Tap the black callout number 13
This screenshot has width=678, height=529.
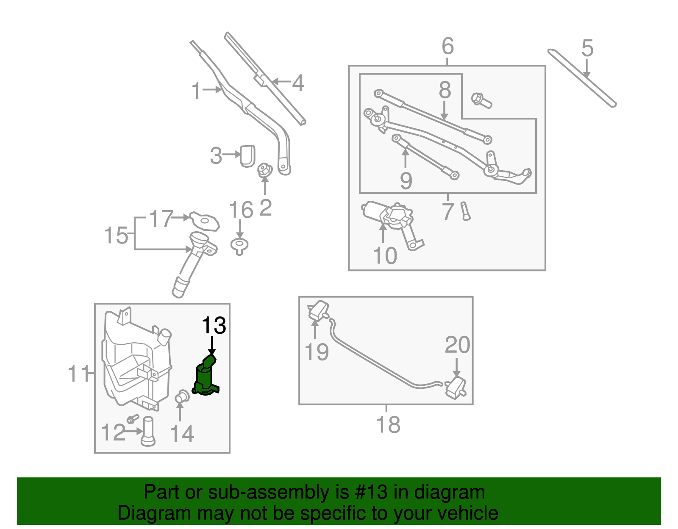[x=214, y=326]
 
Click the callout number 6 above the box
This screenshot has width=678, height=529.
[x=447, y=46]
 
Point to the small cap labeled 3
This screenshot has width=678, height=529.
[x=247, y=155]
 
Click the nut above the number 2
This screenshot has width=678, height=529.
[x=265, y=171]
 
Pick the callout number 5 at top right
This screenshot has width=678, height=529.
[x=587, y=48]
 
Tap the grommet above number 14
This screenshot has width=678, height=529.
[x=182, y=397]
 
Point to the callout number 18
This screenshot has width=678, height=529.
[x=388, y=424]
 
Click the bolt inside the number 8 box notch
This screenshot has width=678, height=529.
[x=481, y=100]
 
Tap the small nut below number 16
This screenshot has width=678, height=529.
[x=239, y=246]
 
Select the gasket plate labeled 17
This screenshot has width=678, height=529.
[x=205, y=221]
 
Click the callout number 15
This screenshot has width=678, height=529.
[x=116, y=235]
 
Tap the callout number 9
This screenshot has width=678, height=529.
[x=406, y=181]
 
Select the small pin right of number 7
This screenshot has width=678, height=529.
[x=466, y=211]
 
